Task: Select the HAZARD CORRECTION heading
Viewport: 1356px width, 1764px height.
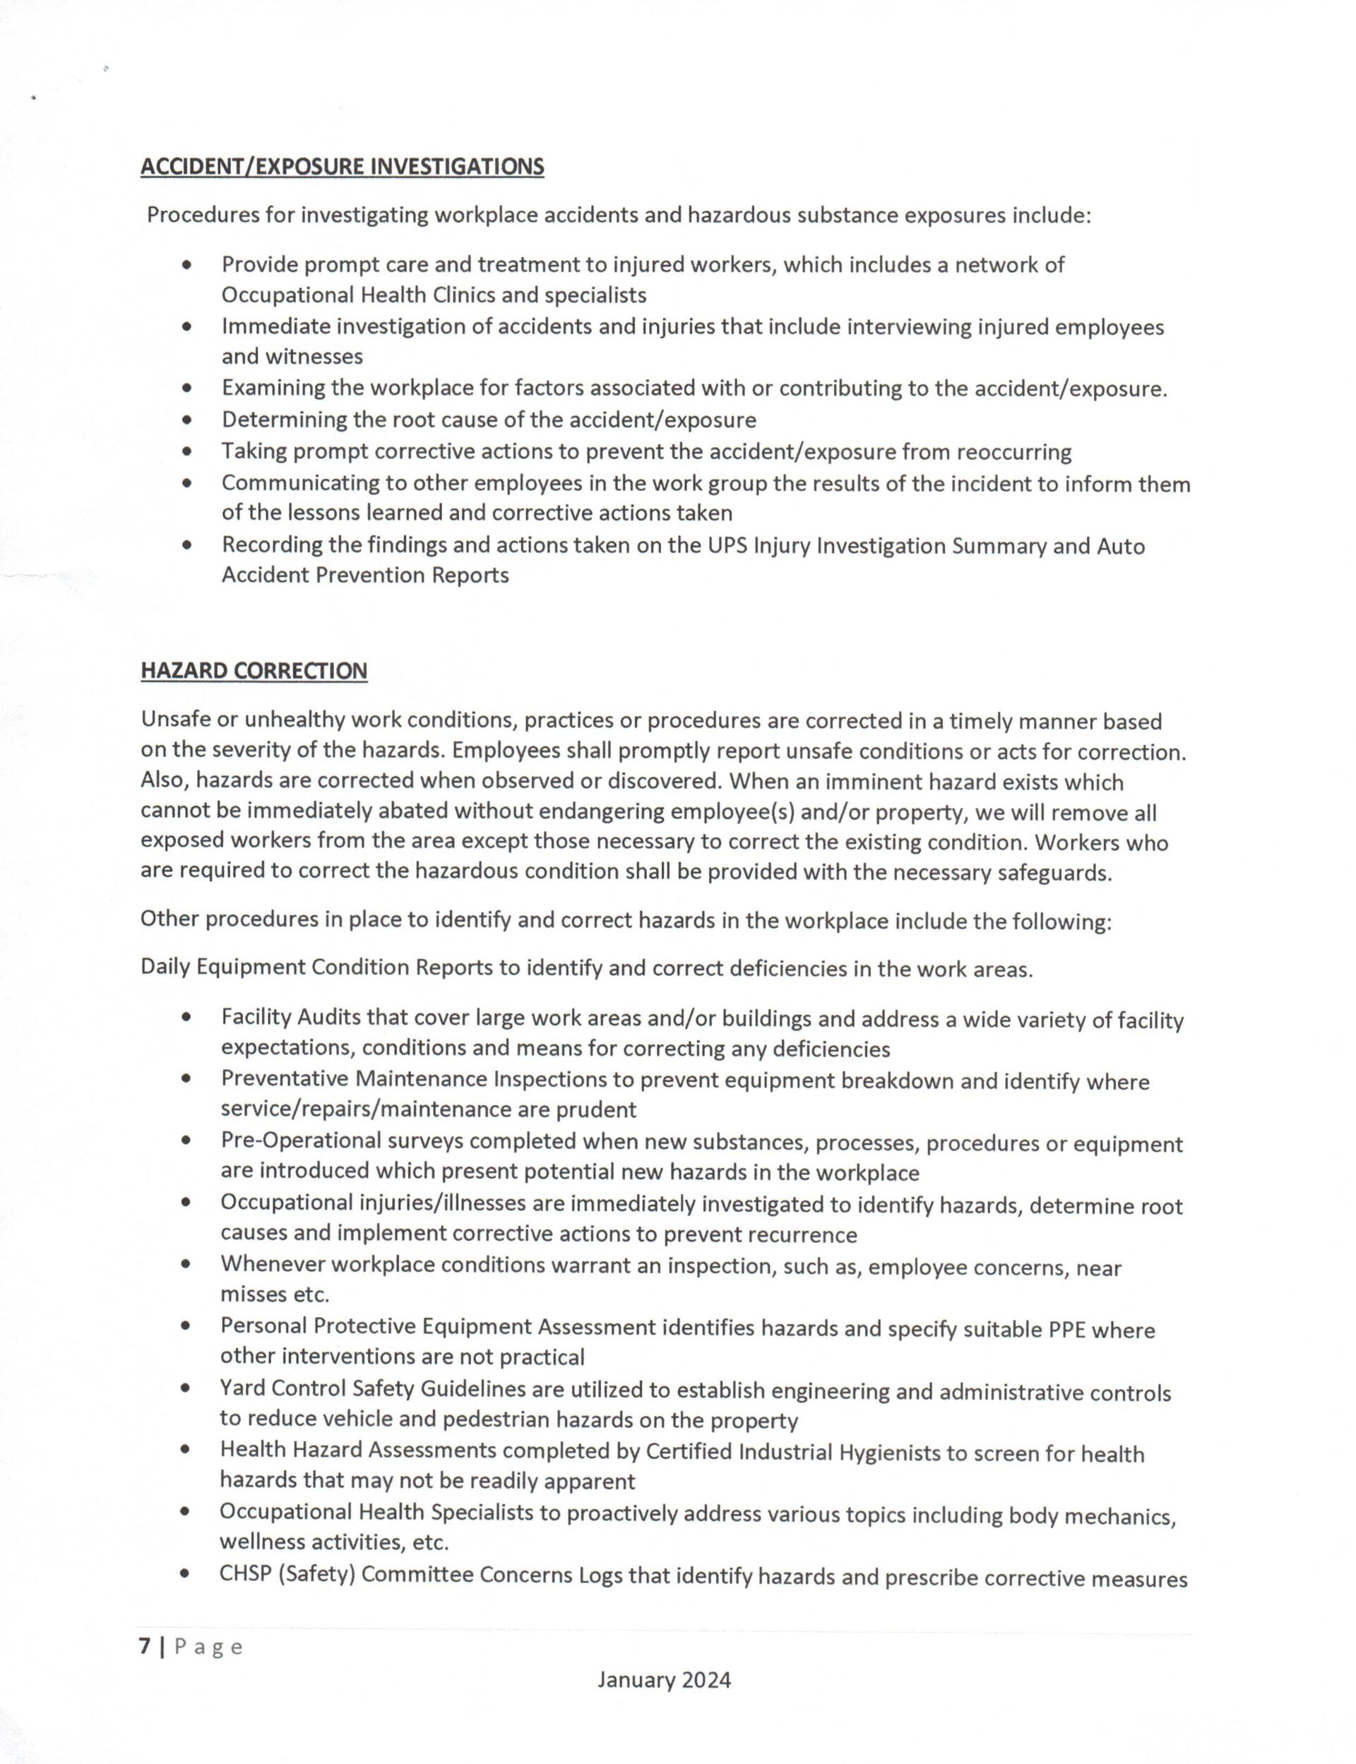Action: point(254,671)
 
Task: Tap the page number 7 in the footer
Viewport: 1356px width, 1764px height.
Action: point(145,1646)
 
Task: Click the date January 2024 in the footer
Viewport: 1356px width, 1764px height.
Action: point(663,1680)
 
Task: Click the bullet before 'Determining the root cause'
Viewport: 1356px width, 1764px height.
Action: point(187,420)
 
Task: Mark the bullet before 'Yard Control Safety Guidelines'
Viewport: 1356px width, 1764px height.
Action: point(186,1390)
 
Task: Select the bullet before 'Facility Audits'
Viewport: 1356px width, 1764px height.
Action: point(186,1018)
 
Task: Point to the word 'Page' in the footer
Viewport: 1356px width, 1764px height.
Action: point(208,1647)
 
